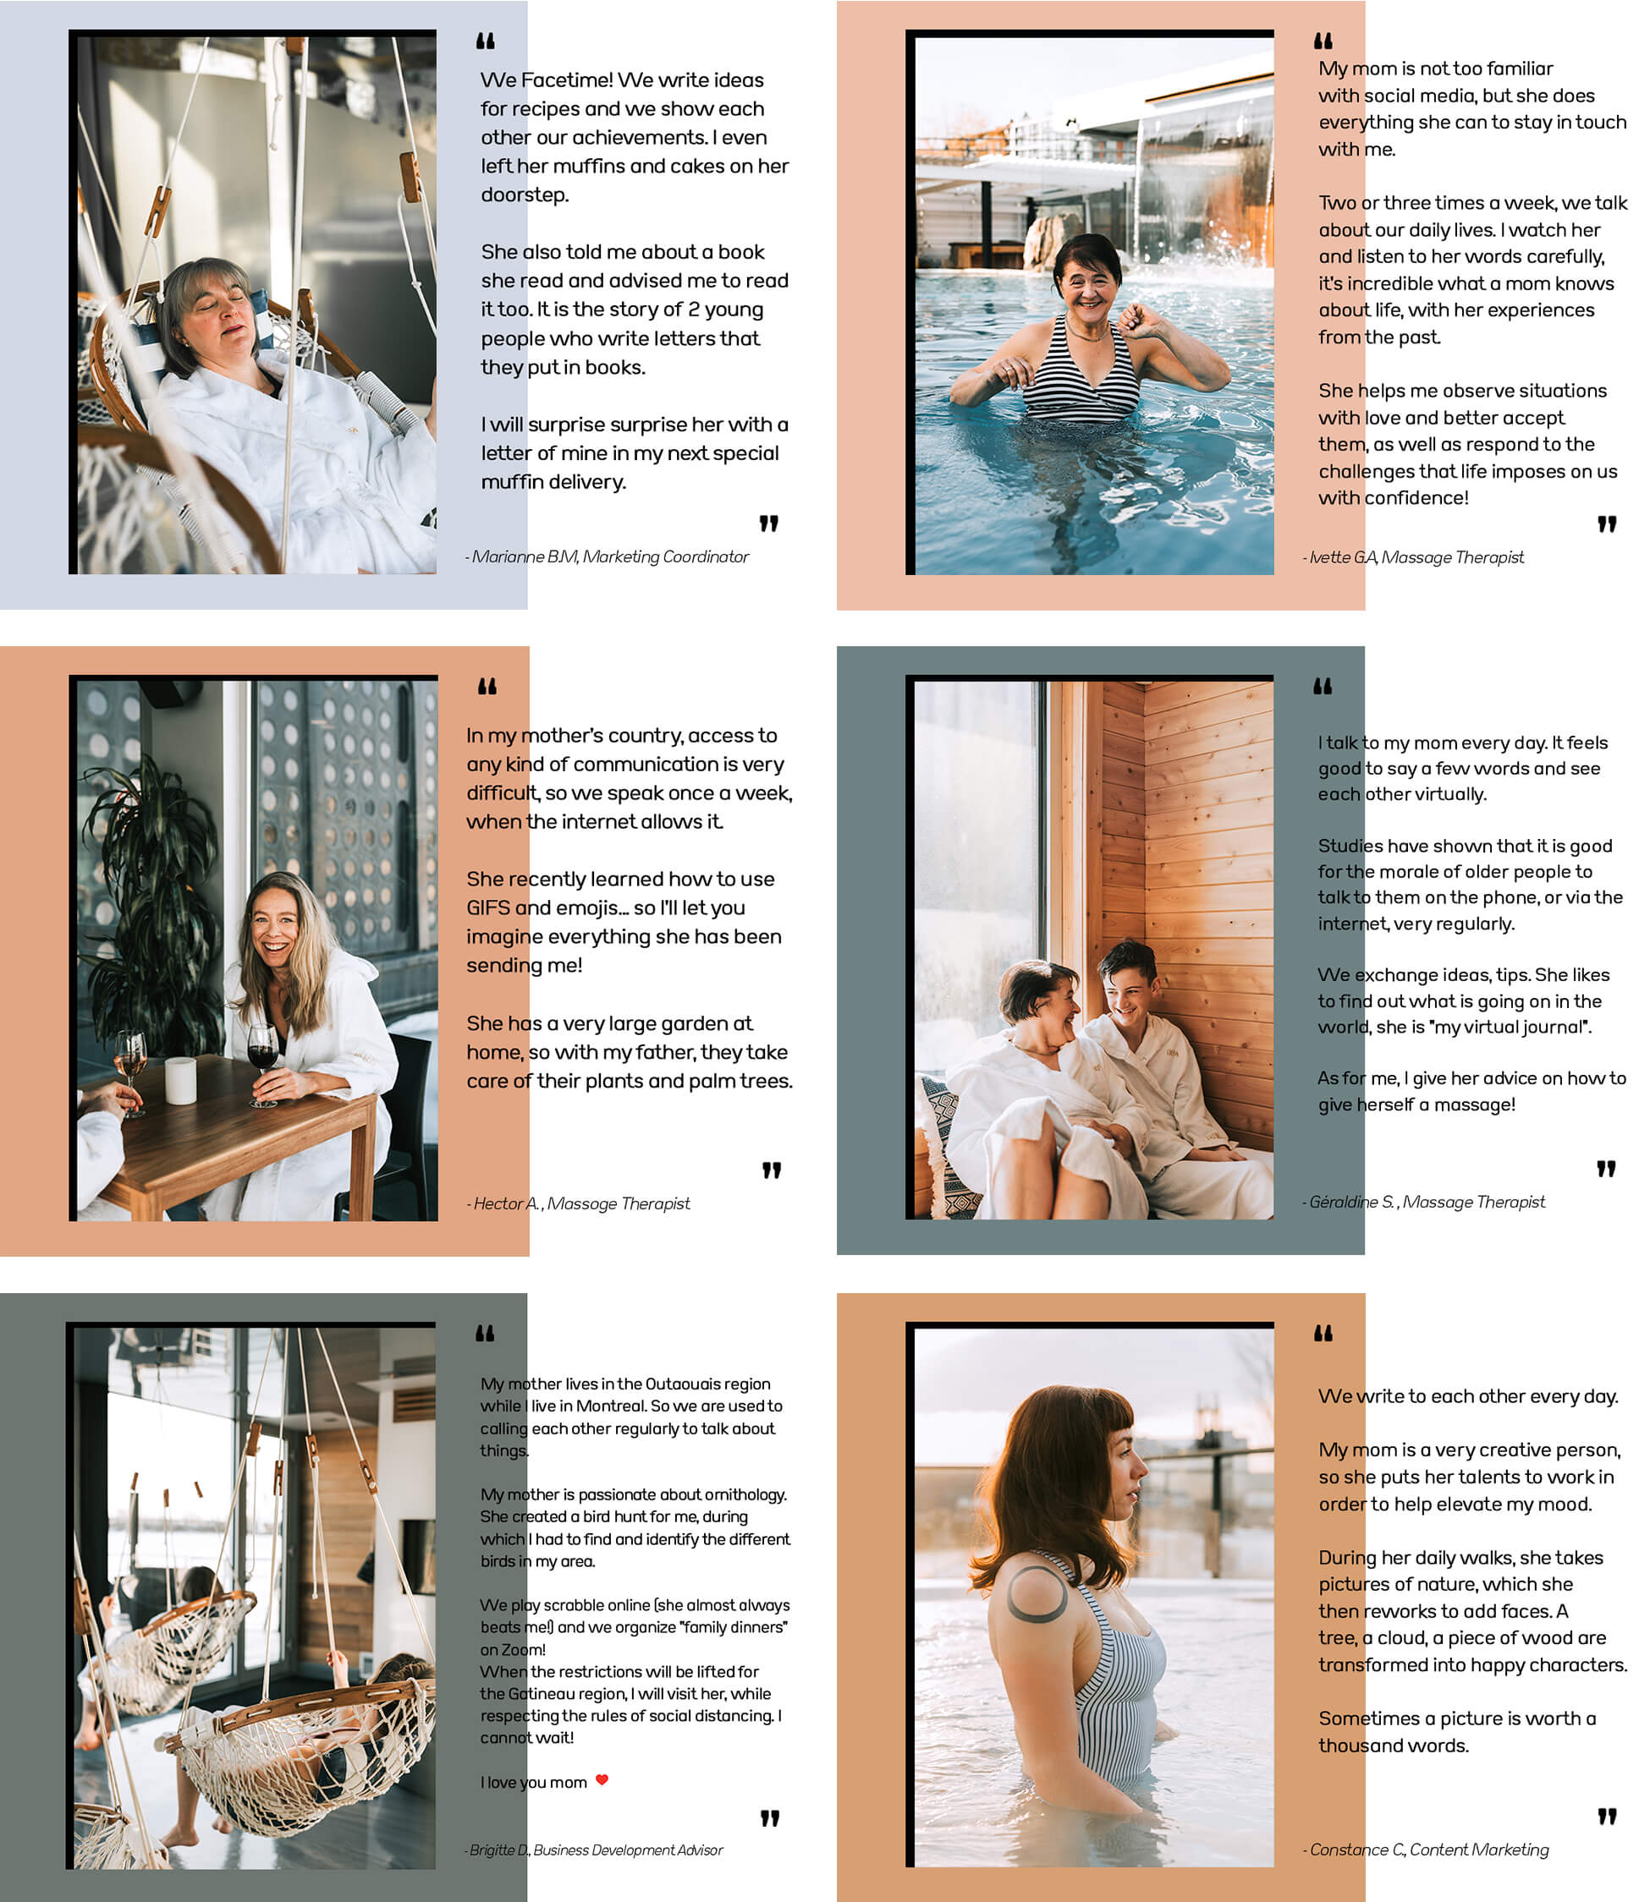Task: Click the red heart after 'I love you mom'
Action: pos(602,1780)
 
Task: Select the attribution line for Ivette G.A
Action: pos(1413,557)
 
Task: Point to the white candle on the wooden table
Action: pos(180,1081)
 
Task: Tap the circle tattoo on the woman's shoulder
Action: pos(1037,1593)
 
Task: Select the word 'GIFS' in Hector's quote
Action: pos(487,907)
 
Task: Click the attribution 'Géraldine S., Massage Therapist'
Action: pos(1423,1202)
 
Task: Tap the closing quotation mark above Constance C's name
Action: pos(1606,1817)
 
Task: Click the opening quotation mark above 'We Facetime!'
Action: pos(486,41)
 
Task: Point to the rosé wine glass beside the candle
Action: pos(130,1070)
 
